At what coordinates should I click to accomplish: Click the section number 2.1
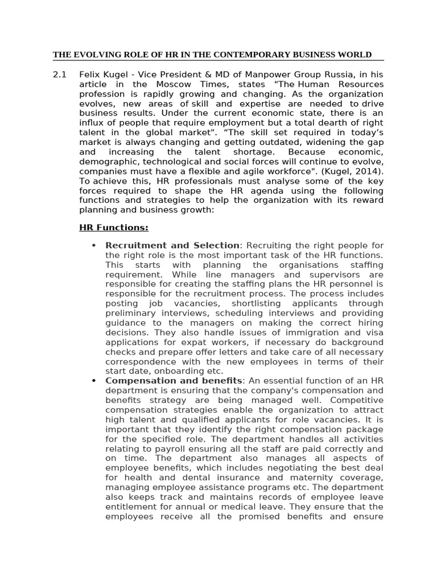tap(60, 75)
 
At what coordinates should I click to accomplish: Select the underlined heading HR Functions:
tap(114, 228)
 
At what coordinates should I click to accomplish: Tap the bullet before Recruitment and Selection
tap(93, 246)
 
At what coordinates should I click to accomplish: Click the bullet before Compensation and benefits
tap(93, 381)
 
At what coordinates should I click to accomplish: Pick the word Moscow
tap(171, 85)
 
